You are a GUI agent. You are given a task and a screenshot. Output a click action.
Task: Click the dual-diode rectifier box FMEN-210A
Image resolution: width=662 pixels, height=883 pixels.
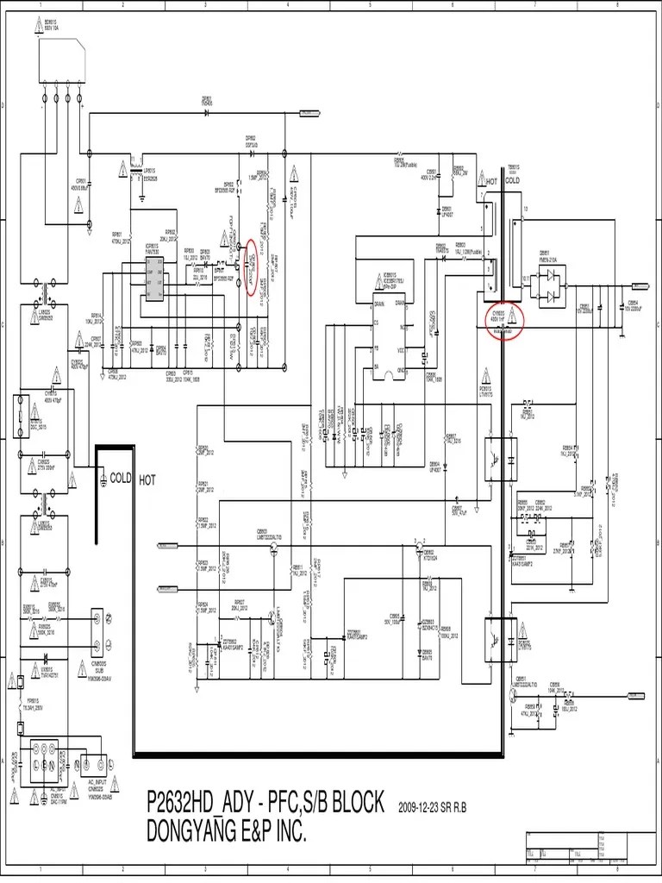point(550,286)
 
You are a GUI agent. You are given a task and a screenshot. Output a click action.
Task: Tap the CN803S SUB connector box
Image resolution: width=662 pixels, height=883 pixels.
point(97,631)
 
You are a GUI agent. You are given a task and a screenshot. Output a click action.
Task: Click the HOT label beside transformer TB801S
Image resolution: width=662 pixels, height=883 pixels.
point(492,182)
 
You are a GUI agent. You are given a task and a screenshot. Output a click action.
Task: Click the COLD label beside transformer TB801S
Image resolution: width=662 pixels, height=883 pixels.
point(511,182)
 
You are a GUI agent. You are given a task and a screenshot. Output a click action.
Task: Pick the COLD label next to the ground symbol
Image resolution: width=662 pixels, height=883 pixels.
point(120,478)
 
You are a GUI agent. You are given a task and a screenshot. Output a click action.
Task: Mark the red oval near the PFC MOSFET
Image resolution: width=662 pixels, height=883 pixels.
point(251,267)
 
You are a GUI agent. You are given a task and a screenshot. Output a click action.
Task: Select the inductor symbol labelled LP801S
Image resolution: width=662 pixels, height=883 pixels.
point(136,171)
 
